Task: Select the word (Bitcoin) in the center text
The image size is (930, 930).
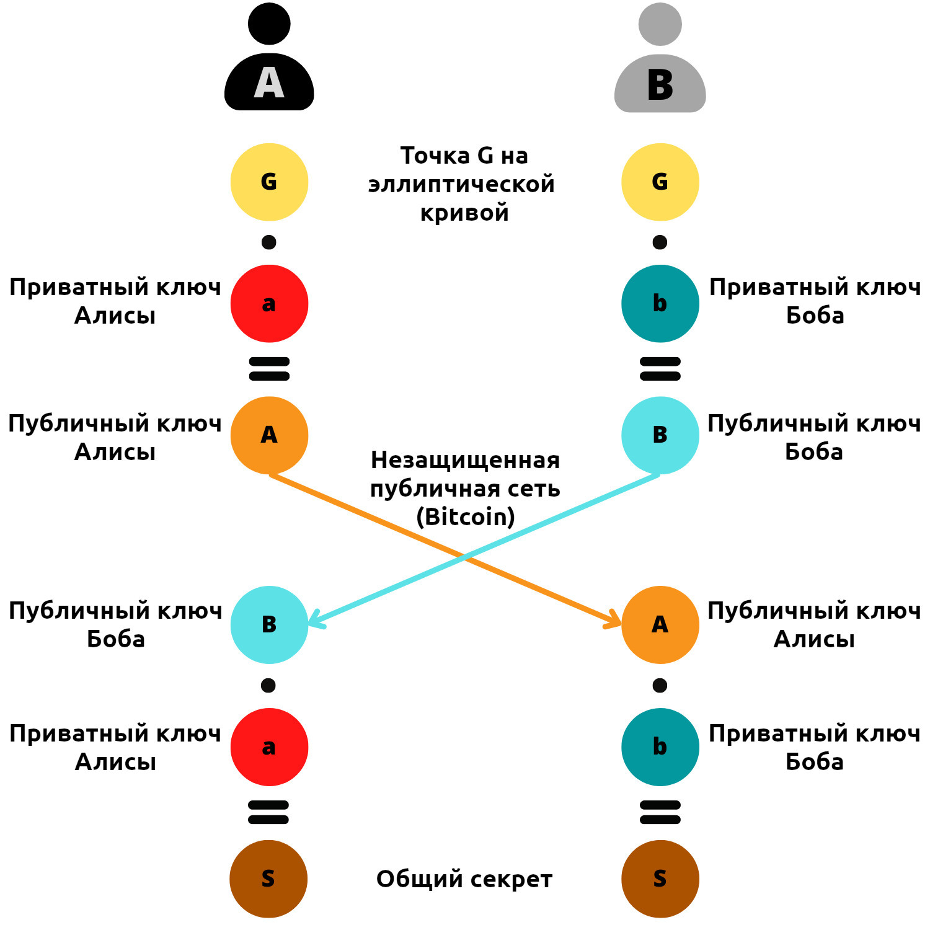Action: (x=465, y=516)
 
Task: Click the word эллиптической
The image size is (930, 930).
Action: (x=461, y=184)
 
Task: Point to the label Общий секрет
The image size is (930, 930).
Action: (x=464, y=879)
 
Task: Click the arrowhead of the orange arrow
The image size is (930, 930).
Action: (x=616, y=621)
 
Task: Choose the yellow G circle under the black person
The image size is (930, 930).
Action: (x=269, y=182)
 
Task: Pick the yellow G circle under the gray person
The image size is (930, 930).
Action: (x=660, y=182)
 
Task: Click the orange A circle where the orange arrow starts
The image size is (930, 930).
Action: (x=269, y=435)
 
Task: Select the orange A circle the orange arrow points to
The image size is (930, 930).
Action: (x=660, y=624)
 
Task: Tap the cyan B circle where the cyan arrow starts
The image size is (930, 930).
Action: (x=660, y=435)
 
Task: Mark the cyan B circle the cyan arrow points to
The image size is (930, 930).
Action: (x=269, y=624)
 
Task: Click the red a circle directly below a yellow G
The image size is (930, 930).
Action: (x=269, y=303)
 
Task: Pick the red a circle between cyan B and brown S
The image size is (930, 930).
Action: (x=269, y=746)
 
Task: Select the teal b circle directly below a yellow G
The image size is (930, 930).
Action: (x=660, y=303)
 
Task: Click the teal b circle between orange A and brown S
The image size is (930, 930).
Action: (x=660, y=746)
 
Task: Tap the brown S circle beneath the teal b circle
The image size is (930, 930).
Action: (x=660, y=879)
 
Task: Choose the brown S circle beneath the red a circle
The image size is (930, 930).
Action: (x=268, y=879)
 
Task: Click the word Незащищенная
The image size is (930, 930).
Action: (x=465, y=460)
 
